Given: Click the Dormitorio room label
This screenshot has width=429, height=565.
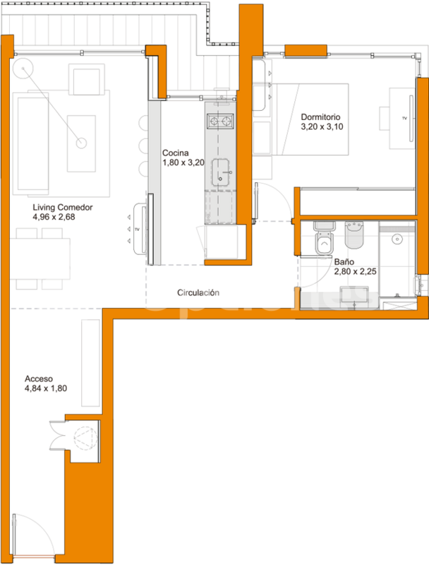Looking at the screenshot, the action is (x=320, y=117).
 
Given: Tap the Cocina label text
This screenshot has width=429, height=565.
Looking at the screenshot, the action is (x=175, y=153).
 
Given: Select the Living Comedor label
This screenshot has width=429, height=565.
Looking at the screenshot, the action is (x=63, y=207).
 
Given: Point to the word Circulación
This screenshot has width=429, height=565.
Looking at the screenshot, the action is (x=198, y=292).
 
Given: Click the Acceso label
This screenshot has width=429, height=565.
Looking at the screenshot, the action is (x=39, y=379).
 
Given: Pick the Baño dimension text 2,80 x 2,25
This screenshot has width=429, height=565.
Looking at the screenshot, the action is (x=355, y=271).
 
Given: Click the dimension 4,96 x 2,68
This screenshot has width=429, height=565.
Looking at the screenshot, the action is (x=54, y=217).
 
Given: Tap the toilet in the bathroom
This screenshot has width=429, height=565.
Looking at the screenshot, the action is (x=325, y=239).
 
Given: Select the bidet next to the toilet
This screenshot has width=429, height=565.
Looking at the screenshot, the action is (x=354, y=235).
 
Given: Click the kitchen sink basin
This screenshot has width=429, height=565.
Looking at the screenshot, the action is (x=220, y=172).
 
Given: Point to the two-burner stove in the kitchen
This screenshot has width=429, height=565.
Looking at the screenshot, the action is (x=220, y=121).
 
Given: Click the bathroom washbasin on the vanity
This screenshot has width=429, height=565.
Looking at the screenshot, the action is (x=354, y=295).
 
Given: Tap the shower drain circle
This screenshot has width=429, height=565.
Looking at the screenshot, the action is (x=397, y=239).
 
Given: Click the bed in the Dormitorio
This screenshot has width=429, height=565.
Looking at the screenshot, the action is (x=310, y=119).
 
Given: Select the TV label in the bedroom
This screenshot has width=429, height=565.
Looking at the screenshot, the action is (x=404, y=118).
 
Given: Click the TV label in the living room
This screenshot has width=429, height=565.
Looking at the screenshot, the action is (x=137, y=229).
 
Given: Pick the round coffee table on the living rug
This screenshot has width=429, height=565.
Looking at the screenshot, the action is (x=81, y=143).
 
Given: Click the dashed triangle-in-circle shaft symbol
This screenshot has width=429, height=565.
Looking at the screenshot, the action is (x=85, y=438).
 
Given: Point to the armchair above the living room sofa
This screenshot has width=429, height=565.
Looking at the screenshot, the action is (x=86, y=80).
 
